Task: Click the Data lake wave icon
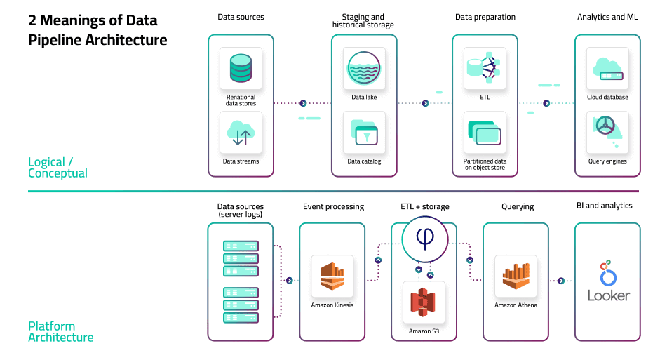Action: [x=364, y=68]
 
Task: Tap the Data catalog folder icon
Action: [x=364, y=133]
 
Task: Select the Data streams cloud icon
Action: [x=241, y=133]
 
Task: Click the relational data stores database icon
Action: [x=241, y=68]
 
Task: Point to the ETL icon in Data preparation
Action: [x=485, y=68]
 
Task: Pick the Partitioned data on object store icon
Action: [x=485, y=133]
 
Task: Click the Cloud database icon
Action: [x=607, y=68]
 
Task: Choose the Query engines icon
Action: [x=607, y=133]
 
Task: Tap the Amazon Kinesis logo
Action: [x=332, y=276]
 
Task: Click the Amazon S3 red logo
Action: [x=424, y=302]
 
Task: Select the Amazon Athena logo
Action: [x=516, y=276]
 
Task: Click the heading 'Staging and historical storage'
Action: [x=363, y=21]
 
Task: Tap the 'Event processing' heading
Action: [x=333, y=207]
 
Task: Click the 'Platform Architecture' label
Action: [x=60, y=332]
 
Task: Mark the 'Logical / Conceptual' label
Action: [x=58, y=168]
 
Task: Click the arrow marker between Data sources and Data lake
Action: [x=303, y=103]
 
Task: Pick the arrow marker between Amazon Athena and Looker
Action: [x=561, y=281]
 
